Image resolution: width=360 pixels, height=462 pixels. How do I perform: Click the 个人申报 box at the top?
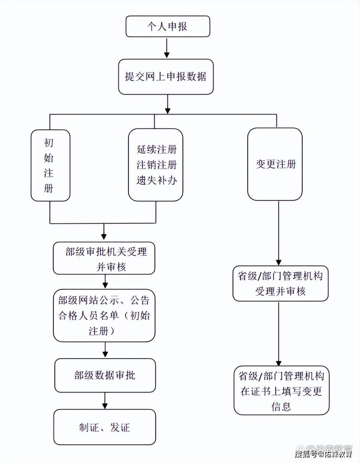pos(167,26)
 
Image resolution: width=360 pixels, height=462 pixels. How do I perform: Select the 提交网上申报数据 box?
pos(166,77)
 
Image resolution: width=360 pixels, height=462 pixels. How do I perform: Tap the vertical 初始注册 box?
pos(50,165)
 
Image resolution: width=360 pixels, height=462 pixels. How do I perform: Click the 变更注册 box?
pos(275,164)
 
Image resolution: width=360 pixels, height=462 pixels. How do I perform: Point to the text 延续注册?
pos(157,149)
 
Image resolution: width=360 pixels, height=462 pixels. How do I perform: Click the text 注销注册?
pos(157,165)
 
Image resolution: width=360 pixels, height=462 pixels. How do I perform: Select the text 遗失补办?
pos(157,180)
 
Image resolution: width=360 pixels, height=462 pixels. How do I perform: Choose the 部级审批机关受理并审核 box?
pos(104,258)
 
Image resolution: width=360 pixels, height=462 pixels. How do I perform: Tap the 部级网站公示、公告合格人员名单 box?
pos(104,316)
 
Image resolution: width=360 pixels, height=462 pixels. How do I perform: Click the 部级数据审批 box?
pos(105,375)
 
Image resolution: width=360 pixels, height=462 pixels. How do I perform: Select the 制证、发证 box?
pos(105,427)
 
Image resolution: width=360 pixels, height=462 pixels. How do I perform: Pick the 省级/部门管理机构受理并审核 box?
pos(280,283)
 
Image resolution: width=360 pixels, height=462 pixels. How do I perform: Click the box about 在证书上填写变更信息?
pos(281,391)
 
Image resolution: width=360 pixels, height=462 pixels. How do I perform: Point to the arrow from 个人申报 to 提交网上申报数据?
pos(167,48)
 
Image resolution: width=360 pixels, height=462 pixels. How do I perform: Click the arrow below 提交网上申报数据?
pos(168,104)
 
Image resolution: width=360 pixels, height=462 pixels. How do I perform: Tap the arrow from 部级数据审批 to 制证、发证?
pos(105,401)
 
